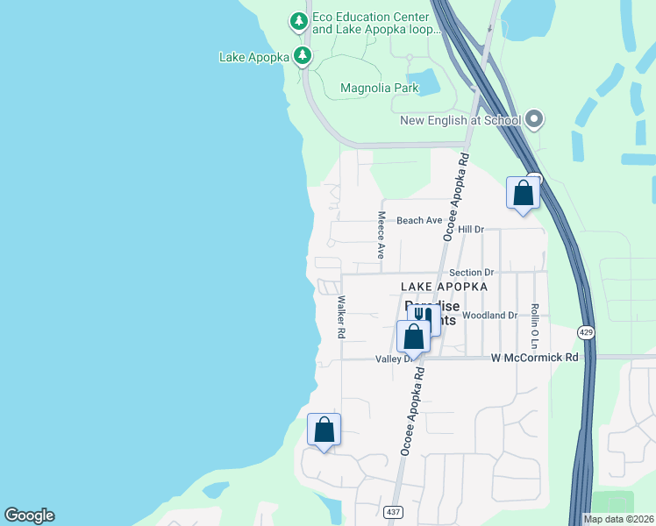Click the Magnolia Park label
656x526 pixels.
[x=379, y=88]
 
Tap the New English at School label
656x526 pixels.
[x=460, y=120]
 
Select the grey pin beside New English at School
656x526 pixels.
[x=534, y=120]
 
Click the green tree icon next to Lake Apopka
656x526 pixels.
[x=303, y=57]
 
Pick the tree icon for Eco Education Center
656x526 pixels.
[x=299, y=20]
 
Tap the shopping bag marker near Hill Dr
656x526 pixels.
[x=523, y=193]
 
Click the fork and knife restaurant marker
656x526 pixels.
[x=424, y=316]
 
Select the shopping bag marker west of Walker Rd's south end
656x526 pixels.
[x=324, y=430]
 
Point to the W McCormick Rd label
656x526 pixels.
[x=535, y=358]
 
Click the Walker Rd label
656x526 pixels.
[x=341, y=316]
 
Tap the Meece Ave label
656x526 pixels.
[x=381, y=234]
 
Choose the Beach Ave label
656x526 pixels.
[x=419, y=221]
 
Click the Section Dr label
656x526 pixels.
[x=472, y=274]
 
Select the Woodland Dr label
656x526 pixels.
[x=489, y=315]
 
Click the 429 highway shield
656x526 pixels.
[x=587, y=332]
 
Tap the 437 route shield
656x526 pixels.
[x=392, y=510]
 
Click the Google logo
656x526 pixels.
[x=29, y=515]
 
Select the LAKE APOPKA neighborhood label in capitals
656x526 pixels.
[x=444, y=287]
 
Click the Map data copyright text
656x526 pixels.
[x=619, y=519]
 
